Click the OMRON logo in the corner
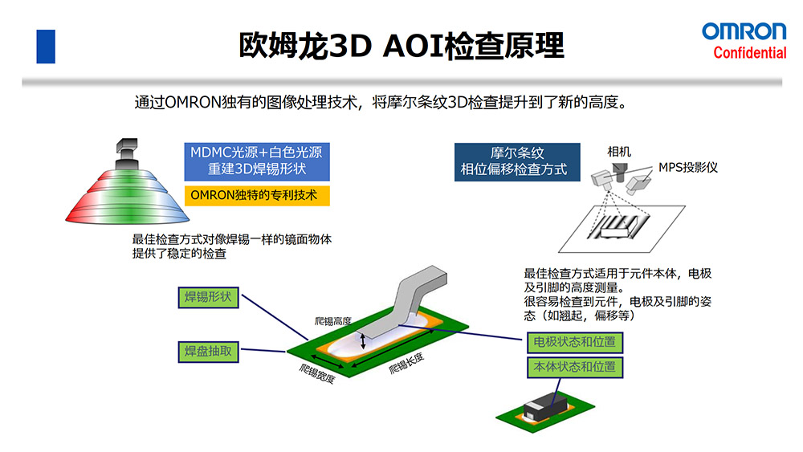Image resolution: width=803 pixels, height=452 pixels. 744,31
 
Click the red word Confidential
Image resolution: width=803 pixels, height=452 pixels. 750,53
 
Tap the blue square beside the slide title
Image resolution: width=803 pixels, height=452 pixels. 46,46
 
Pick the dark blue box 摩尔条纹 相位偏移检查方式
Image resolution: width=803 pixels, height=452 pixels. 516,161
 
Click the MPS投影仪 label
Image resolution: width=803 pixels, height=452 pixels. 687,167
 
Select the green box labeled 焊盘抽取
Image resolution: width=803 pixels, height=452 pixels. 208,351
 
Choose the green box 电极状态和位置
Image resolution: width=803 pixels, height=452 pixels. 574,342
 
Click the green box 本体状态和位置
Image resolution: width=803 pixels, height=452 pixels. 574,368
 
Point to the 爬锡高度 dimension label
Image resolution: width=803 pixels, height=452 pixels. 333,321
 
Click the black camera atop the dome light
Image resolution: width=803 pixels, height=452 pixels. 126,149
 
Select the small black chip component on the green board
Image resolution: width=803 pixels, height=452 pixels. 544,409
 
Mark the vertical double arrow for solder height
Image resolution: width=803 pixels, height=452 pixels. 364,341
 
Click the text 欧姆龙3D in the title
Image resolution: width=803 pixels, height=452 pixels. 304,46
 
